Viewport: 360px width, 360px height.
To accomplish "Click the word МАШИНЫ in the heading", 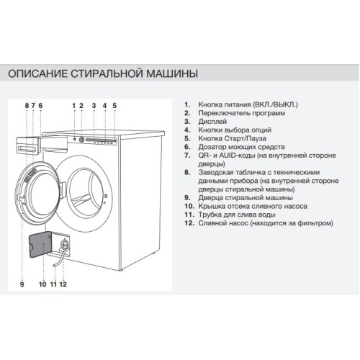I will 172,73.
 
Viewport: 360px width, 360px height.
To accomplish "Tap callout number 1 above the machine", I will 73,105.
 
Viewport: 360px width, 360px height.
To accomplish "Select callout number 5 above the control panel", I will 114,105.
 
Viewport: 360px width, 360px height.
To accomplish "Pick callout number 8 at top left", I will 27,105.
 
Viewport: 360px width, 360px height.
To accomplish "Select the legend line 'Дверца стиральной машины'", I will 242,197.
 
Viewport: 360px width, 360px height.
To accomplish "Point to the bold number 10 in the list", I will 188,206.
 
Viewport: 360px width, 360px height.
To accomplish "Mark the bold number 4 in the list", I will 187,131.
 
